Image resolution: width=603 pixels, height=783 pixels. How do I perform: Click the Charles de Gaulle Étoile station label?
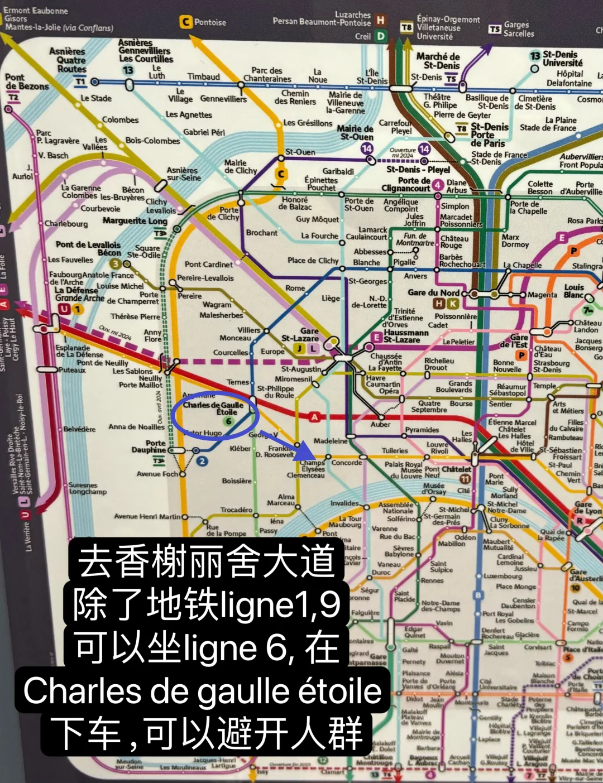(213, 408)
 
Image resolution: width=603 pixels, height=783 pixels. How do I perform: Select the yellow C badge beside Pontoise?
(186, 22)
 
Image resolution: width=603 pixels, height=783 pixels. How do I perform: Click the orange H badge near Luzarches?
(381, 21)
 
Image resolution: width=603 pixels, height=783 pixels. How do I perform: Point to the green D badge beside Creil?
(381, 36)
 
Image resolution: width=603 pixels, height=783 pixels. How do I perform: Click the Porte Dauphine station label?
(149, 446)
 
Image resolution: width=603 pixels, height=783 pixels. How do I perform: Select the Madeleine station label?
(331, 441)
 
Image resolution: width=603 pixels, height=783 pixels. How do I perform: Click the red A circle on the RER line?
(314, 416)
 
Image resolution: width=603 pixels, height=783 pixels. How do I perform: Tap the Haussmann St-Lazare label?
(406, 335)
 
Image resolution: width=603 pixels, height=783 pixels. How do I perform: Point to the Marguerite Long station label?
(135, 221)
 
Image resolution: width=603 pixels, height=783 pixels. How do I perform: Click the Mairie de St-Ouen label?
(355, 132)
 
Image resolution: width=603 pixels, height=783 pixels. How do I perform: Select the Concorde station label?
(347, 463)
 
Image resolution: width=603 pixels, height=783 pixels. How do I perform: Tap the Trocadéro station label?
(236, 510)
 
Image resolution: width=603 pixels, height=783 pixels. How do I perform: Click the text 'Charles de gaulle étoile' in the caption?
(202, 691)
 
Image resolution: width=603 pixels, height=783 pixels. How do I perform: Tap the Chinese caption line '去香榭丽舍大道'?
(206, 561)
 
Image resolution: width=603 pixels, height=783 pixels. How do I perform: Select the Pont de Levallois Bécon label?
(88, 248)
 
